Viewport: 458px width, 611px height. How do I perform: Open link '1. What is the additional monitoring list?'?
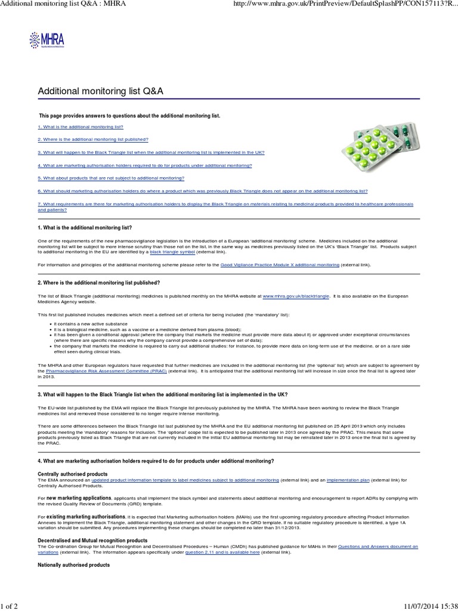[81, 128]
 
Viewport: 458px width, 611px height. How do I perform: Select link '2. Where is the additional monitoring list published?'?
[93, 139]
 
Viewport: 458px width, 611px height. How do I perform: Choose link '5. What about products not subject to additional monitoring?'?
[112, 178]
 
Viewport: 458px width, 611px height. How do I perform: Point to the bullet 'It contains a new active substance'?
[85, 323]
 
